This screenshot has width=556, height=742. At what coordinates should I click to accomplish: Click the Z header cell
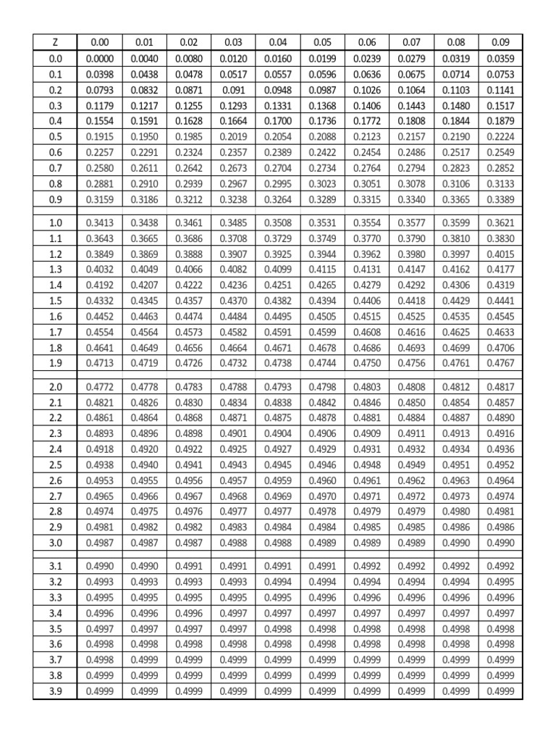(56, 43)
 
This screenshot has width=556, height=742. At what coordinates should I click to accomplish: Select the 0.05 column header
(322, 43)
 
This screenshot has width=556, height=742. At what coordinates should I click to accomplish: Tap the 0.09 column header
(500, 43)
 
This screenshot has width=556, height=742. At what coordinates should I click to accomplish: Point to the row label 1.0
(56, 223)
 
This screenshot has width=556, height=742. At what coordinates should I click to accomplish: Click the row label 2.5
(56, 464)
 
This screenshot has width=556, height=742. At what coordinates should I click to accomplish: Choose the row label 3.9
(56, 691)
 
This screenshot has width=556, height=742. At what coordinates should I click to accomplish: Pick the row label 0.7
(56, 168)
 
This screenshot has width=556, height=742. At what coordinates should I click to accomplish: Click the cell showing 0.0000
(99, 59)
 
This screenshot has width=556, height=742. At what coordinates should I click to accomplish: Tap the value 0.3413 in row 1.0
(99, 223)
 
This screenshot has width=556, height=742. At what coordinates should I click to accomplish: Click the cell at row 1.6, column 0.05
(322, 317)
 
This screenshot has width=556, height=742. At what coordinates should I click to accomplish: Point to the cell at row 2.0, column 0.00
(99, 387)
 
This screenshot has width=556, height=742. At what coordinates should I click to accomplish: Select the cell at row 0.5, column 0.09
(500, 137)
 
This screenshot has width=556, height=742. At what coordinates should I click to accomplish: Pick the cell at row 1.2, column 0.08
(455, 254)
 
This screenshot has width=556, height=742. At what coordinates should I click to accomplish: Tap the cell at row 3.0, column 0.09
(500, 543)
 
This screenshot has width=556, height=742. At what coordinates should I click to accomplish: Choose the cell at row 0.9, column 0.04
(277, 199)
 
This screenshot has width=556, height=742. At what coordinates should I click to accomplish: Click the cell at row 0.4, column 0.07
(411, 121)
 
